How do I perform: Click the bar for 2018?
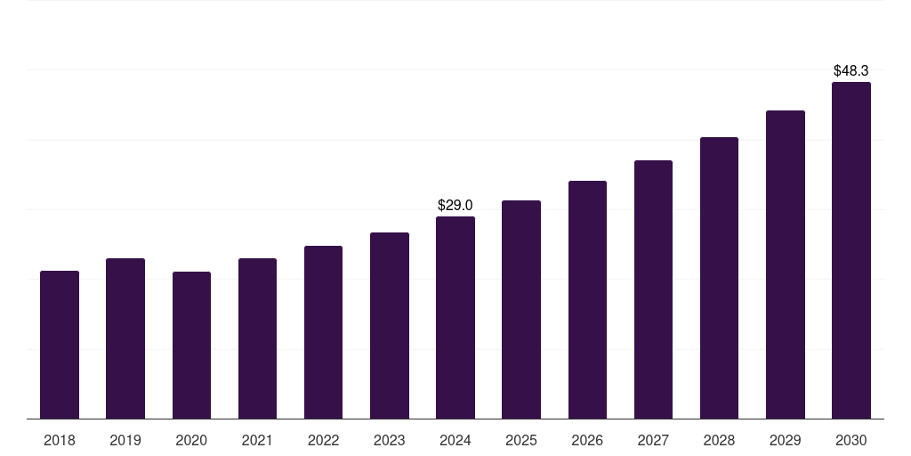pyautogui.click(x=60, y=345)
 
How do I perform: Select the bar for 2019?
pyautogui.click(x=125, y=338)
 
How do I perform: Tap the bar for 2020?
pyautogui.click(x=191, y=346)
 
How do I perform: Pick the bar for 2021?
pyautogui.click(x=257, y=338)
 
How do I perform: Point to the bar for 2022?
pyautogui.click(x=323, y=332)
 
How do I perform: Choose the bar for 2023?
pyautogui.click(x=390, y=325)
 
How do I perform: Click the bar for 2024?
pyautogui.click(x=455, y=317)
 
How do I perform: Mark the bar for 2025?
pyautogui.click(x=521, y=309)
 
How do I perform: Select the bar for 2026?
pyautogui.click(x=587, y=299)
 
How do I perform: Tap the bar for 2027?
pyautogui.click(x=653, y=289)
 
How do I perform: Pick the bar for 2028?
pyautogui.click(x=719, y=278)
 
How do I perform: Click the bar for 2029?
pyautogui.click(x=786, y=265)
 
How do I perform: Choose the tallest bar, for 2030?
pyautogui.click(x=851, y=250)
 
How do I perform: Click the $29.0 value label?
pyautogui.click(x=455, y=206)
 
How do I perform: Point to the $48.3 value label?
pyautogui.click(x=851, y=70)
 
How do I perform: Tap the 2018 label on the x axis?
pyautogui.click(x=60, y=441)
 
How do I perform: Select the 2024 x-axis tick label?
pyautogui.click(x=455, y=441)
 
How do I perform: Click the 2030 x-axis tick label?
pyautogui.click(x=851, y=441)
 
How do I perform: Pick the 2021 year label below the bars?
pyautogui.click(x=257, y=441)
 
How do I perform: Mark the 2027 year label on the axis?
pyautogui.click(x=653, y=441)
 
